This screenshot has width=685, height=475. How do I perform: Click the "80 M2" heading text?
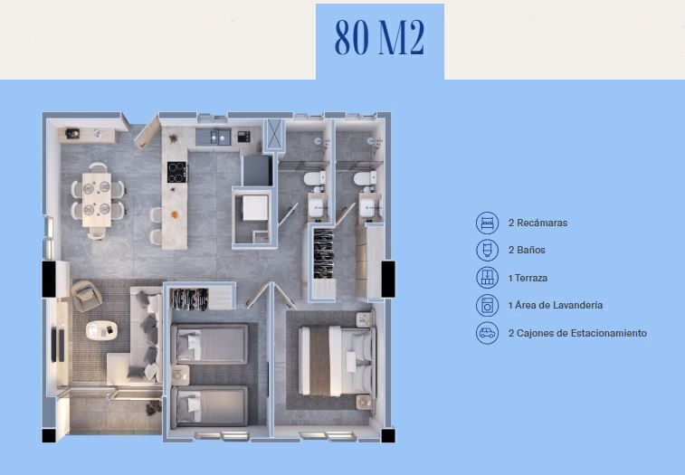point(380,37)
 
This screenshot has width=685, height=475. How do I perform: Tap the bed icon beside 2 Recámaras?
point(487,223)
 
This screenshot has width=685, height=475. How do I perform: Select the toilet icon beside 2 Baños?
point(487,251)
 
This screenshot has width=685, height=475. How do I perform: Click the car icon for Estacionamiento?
point(487,333)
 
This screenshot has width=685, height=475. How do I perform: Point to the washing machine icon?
point(487,306)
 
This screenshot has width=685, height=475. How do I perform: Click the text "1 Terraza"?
point(528,278)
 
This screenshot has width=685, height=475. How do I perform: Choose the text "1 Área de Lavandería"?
point(556,305)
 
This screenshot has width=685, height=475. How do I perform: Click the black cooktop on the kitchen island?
point(177,172)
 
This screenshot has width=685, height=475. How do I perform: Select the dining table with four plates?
point(97,200)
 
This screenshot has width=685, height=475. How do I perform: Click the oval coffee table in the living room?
point(101,330)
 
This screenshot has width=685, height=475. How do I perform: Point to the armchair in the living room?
point(87,295)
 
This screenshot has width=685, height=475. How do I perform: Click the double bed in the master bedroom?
point(337,361)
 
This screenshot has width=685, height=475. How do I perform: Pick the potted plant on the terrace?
point(153,408)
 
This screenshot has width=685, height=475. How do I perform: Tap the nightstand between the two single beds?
point(180,375)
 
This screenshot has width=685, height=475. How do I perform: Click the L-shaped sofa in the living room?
point(137,336)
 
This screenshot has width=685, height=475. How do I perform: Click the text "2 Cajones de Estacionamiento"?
point(577,333)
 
